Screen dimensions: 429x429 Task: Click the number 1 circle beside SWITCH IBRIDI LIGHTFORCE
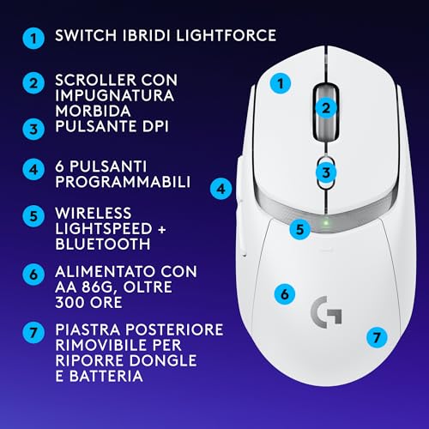[x=33, y=39]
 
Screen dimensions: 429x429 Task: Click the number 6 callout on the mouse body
[x=281, y=293]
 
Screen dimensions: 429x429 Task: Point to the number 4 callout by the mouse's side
[x=221, y=187]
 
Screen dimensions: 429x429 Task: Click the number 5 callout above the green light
[x=299, y=229]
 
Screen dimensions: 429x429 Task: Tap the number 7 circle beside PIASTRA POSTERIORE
[x=33, y=330]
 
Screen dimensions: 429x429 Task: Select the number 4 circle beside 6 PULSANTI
[x=33, y=168]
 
